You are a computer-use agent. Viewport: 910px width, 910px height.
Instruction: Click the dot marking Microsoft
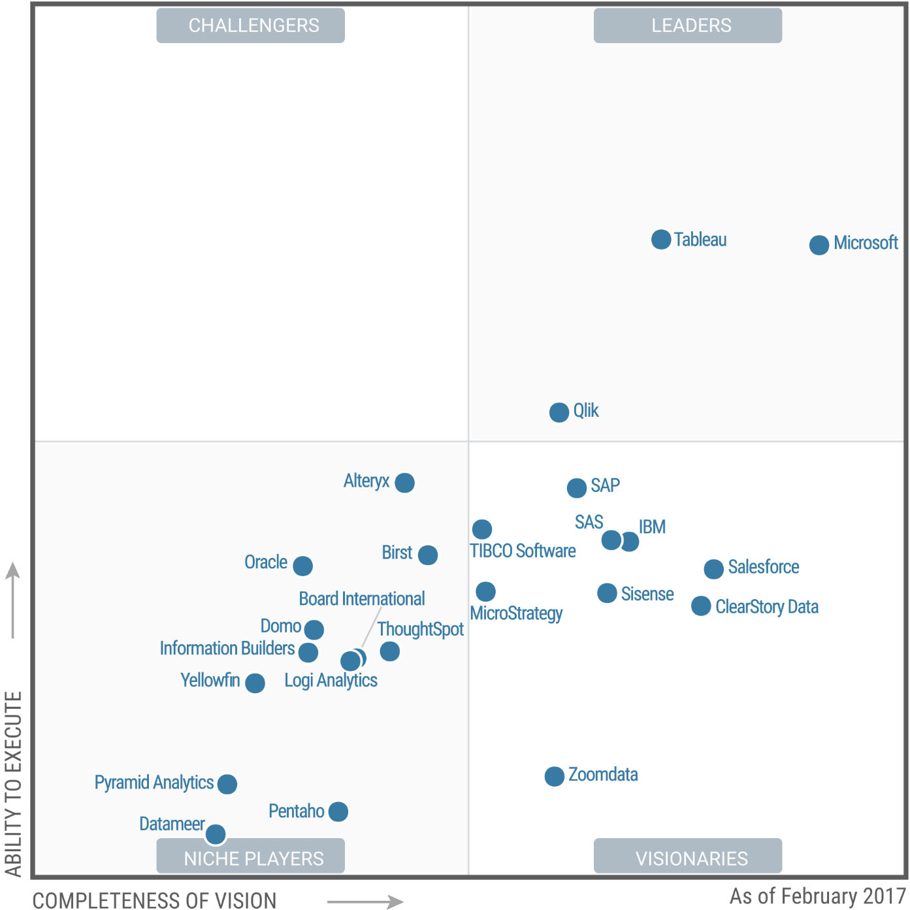(x=819, y=245)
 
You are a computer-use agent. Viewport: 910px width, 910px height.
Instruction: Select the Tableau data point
(x=661, y=239)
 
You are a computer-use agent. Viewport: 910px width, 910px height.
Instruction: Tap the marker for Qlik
(x=559, y=412)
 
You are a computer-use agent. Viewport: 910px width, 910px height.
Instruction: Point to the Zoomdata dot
(x=554, y=776)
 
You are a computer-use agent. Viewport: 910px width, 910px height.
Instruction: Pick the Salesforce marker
(x=713, y=568)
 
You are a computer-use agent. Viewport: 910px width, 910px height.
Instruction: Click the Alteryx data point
(x=404, y=483)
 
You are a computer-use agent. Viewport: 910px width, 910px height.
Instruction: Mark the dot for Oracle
(x=302, y=565)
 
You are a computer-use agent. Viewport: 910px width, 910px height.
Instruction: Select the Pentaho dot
(x=338, y=811)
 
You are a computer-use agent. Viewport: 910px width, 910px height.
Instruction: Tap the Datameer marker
(x=216, y=834)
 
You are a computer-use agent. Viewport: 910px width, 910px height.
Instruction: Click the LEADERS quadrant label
(x=687, y=25)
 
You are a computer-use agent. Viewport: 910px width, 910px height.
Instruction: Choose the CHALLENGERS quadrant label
(x=250, y=25)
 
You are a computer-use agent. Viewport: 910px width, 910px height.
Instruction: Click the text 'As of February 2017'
(x=817, y=896)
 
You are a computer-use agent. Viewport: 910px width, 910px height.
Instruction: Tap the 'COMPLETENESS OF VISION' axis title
(x=154, y=900)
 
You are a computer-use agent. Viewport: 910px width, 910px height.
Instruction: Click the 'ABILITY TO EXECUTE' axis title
(x=14, y=783)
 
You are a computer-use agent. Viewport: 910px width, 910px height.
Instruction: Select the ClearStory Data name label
(x=766, y=607)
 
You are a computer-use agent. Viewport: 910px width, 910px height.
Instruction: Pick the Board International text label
(x=362, y=599)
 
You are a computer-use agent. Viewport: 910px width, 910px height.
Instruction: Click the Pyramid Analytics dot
(x=227, y=784)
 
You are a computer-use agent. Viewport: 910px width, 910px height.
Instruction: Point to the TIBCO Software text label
(x=523, y=551)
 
